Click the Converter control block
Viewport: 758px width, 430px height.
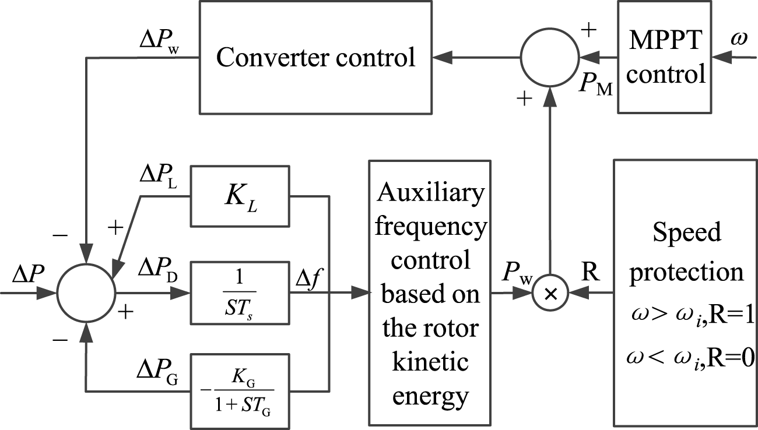315,58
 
